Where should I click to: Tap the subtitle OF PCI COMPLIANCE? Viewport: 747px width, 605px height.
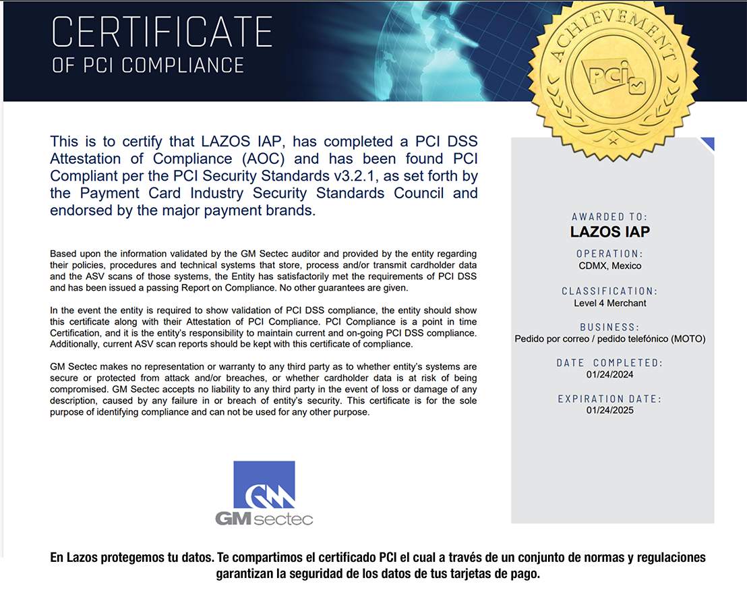148,65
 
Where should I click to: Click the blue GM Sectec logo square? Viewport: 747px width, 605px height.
264,485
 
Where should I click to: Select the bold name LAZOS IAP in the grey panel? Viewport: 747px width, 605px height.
609,232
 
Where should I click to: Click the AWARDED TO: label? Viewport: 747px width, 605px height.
609,217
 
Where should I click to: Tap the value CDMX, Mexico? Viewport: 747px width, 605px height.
609,266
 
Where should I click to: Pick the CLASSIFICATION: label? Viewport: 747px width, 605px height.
609,291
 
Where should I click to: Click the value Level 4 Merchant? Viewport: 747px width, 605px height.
609,303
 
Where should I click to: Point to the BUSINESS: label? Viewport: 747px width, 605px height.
609,327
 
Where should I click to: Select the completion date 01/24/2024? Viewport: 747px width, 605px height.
609,374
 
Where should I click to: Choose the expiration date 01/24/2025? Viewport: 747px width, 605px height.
609,410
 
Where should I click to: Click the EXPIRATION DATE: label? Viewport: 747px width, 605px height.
609,399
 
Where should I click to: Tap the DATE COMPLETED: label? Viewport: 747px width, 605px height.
609,363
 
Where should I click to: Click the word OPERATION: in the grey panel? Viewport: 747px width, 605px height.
609,254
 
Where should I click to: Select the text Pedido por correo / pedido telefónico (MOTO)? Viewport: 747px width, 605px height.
609,339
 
